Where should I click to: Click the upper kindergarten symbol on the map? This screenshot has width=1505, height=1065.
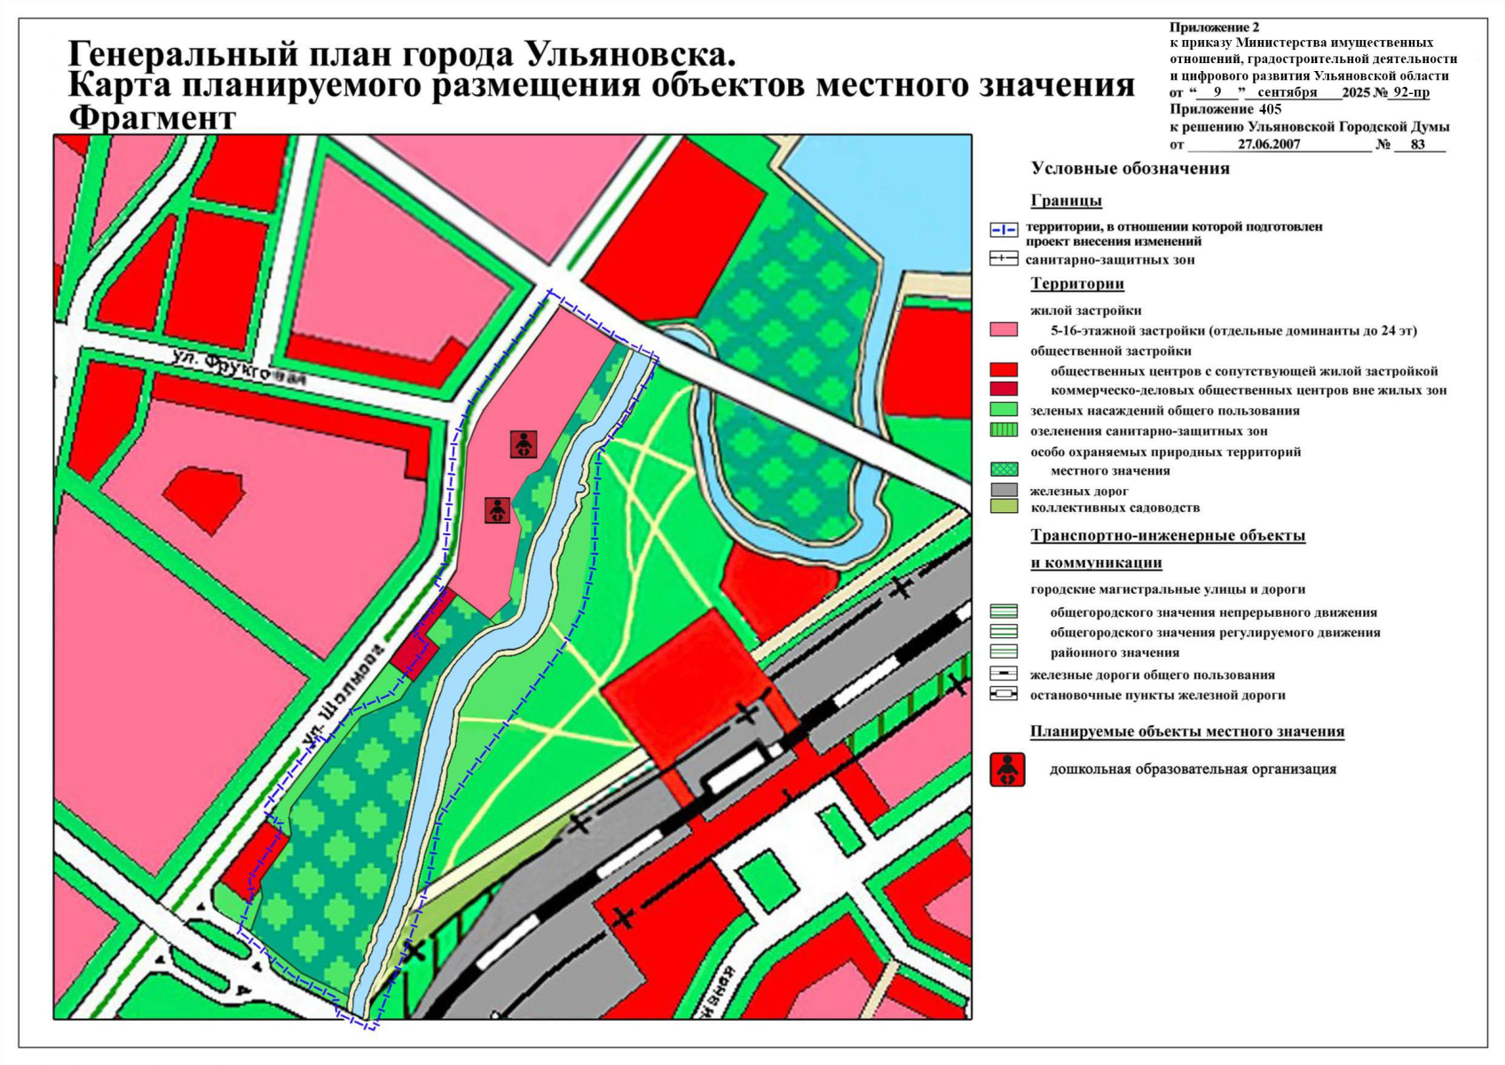[x=524, y=445]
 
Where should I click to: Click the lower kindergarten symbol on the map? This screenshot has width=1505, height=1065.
[x=498, y=510]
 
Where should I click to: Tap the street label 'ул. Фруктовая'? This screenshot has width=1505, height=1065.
[x=240, y=367]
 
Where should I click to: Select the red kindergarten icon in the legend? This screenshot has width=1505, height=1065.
[x=1007, y=769]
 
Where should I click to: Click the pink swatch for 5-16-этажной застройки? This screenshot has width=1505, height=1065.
[x=1004, y=330]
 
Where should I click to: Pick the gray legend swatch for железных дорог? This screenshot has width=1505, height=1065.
[x=1004, y=490]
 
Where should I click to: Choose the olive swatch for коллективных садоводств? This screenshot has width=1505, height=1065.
[x=1004, y=507]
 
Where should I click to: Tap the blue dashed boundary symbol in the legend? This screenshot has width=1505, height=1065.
[x=1004, y=230]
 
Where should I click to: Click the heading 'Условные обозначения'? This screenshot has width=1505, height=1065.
[x=1130, y=169]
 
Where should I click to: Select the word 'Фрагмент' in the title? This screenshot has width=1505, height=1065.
[x=153, y=118]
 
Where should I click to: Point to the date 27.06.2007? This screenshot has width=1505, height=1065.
[x=1269, y=145]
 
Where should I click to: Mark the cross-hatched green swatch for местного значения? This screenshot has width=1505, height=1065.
[x=1004, y=469]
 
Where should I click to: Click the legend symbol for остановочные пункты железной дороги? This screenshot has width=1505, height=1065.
[x=1004, y=694]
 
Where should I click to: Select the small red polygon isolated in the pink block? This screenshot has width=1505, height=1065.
[x=204, y=498]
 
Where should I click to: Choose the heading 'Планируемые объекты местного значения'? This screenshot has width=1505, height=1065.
[x=1186, y=732]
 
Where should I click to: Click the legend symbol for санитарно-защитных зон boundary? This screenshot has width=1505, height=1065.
[x=1004, y=259]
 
